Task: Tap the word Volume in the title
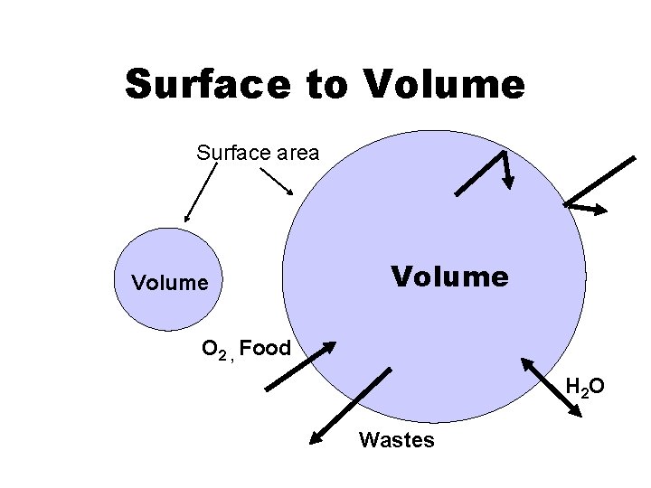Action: (x=444, y=84)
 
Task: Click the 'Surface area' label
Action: (x=258, y=153)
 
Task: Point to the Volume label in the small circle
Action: (x=170, y=283)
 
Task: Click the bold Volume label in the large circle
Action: (x=448, y=276)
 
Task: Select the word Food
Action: (x=265, y=348)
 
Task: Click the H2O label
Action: (x=584, y=389)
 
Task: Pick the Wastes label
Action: (x=396, y=440)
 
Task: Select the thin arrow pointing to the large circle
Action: (x=276, y=181)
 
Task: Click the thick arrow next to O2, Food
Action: (x=300, y=365)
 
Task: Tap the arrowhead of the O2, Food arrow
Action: (x=329, y=346)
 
